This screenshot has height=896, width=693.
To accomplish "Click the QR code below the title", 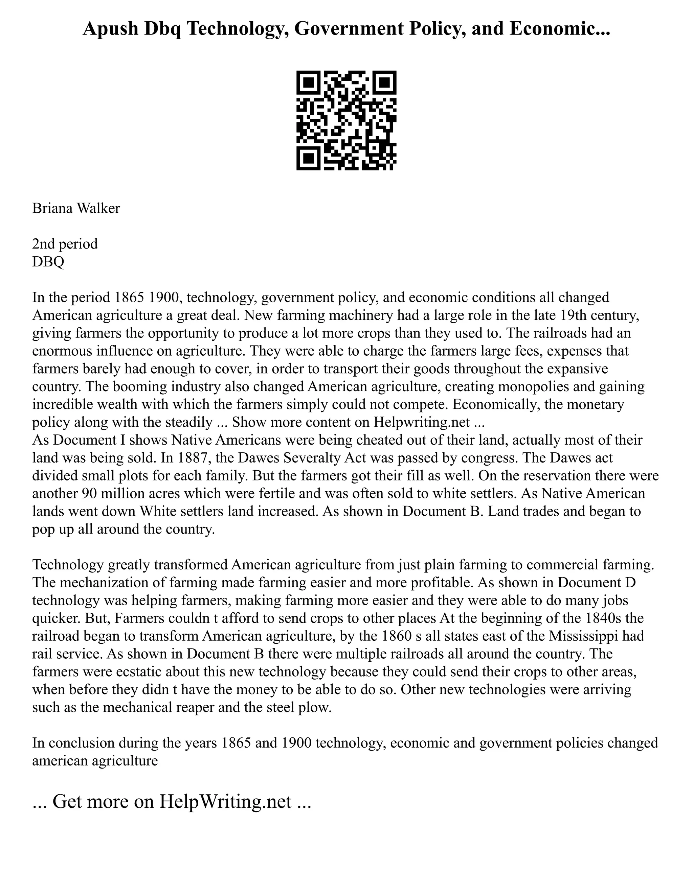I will coord(346,120).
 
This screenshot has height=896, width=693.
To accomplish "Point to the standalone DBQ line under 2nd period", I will coord(48,262).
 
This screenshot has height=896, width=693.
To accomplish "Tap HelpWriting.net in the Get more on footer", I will coord(225,801).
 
